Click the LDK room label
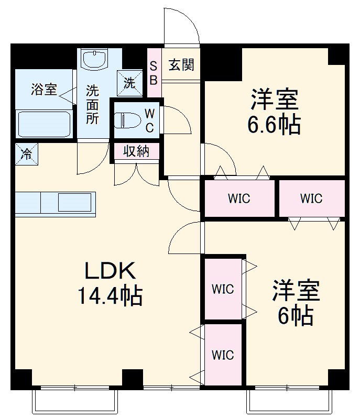[111, 271]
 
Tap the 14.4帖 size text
[111, 296]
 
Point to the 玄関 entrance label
[181, 65]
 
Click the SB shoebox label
[154, 72]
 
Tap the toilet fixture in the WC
[126, 120]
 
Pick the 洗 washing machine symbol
[129, 82]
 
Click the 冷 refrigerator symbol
[25, 154]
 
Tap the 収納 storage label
[136, 151]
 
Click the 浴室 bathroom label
[44, 90]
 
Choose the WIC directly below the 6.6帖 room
[238, 199]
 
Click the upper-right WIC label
[311, 199]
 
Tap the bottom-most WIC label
[223, 355]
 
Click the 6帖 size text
[296, 316]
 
